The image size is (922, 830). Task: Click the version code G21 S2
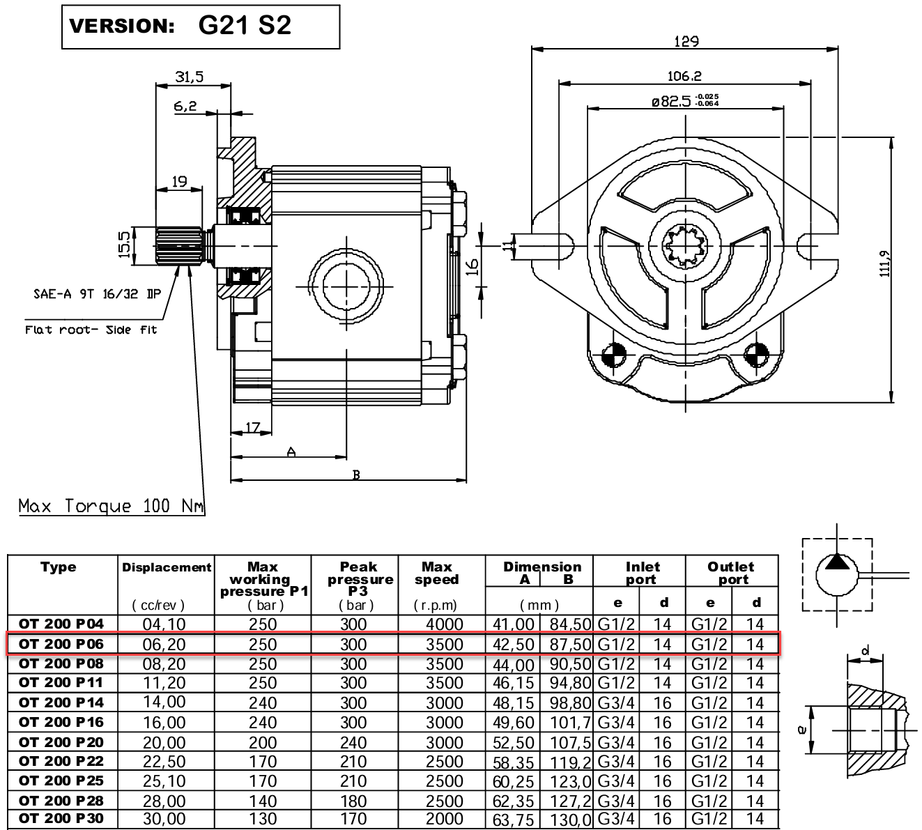(x=245, y=26)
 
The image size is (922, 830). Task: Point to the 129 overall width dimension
(x=686, y=41)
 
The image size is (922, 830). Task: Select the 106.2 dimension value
(x=684, y=76)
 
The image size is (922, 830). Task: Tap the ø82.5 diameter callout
(x=684, y=102)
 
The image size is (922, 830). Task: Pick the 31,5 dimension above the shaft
(x=190, y=77)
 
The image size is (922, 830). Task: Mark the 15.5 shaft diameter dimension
(x=125, y=245)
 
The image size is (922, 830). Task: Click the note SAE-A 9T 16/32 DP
(x=98, y=294)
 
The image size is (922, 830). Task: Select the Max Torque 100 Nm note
(x=112, y=506)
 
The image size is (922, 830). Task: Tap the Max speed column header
(x=437, y=573)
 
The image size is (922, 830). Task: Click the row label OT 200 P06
(x=61, y=644)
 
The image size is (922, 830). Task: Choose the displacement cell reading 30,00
(x=164, y=820)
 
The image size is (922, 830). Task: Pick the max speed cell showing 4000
(x=444, y=624)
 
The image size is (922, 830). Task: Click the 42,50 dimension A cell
(x=513, y=645)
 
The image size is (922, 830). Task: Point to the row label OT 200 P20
(x=61, y=741)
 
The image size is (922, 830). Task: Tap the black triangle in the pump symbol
(x=837, y=562)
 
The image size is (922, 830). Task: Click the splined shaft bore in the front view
(x=686, y=247)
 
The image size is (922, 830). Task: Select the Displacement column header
(x=167, y=567)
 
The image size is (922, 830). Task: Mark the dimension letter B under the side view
(x=356, y=475)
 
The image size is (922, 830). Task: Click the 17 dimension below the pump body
(x=253, y=428)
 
